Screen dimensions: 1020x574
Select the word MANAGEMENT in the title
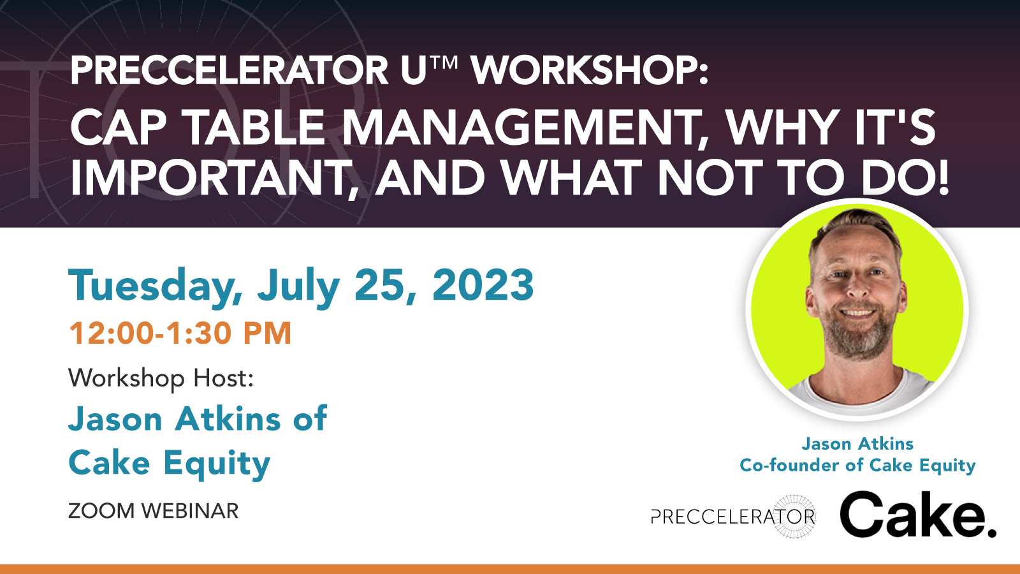tap(520, 128)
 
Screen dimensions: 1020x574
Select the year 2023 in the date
tap(483, 284)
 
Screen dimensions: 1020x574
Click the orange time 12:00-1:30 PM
tap(180, 334)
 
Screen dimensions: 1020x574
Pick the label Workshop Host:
tap(161, 378)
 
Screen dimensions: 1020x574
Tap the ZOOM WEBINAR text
tap(153, 511)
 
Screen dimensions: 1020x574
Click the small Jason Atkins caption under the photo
tap(857, 444)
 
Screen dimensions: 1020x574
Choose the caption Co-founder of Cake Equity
tap(857, 466)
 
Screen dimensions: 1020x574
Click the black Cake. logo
tap(917, 515)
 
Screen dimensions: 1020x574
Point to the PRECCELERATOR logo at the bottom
tap(734, 517)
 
